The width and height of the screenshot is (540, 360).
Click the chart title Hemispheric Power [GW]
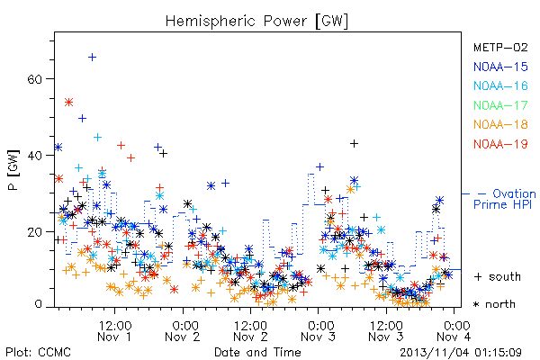click(256, 21)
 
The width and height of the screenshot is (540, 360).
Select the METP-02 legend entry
click(500, 47)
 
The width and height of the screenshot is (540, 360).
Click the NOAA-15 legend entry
click(500, 67)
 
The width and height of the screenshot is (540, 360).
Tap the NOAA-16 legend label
click(500, 85)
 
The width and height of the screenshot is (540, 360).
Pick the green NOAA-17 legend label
click(500, 105)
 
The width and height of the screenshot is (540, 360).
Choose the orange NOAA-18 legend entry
click(500, 124)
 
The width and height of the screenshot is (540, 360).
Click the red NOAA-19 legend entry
click(500, 144)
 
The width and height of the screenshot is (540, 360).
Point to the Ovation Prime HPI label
click(504, 199)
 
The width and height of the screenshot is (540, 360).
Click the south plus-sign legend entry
click(498, 276)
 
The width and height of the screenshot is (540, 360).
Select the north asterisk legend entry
click(494, 304)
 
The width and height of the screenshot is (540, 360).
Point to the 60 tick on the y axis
click(34, 79)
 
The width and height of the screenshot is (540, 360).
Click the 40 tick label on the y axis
click(34, 156)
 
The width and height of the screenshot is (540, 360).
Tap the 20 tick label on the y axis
click(34, 232)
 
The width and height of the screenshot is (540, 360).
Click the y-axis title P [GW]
click(14, 170)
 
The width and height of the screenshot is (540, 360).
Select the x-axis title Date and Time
click(257, 352)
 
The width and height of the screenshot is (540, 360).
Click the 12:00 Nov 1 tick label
click(114, 330)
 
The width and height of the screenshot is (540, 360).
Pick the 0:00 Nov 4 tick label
click(454, 330)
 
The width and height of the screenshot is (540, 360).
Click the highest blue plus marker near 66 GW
click(92, 58)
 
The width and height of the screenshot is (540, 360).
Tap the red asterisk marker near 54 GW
click(69, 103)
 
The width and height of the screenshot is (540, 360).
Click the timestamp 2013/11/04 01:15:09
click(461, 353)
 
